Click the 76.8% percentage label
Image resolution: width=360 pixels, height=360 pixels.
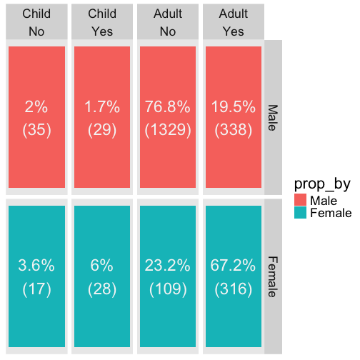point(168,106)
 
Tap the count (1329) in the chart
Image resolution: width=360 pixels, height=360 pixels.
point(168,130)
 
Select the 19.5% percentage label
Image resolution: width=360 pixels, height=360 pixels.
point(234,106)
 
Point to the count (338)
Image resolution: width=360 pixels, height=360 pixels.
point(234,130)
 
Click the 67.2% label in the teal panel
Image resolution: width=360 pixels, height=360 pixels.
point(233,265)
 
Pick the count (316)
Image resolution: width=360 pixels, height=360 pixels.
point(234,289)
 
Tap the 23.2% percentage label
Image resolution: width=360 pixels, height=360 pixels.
point(168,265)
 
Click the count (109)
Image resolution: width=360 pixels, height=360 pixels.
point(168,289)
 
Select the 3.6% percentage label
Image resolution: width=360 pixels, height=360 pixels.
point(36,265)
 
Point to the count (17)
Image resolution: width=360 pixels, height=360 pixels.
point(36,289)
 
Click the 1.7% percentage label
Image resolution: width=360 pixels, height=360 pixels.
point(102,106)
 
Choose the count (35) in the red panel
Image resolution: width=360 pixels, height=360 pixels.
point(36,130)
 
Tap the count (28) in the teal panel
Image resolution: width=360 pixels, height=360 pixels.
point(102,289)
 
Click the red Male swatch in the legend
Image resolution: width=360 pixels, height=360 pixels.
point(300,200)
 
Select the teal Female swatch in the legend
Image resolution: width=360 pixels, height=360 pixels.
point(300,212)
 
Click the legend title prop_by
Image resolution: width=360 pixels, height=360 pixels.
point(322,184)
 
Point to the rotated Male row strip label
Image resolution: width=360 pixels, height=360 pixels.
point(273,118)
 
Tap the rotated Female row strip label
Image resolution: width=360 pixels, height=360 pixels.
point(273,276)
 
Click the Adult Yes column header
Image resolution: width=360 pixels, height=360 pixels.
point(234,22)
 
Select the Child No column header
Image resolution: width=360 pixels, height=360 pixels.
point(36,22)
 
